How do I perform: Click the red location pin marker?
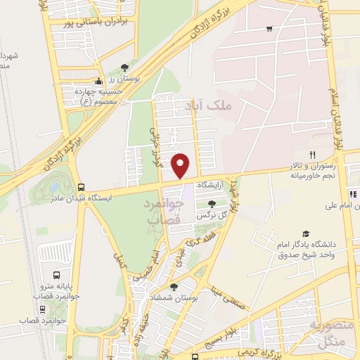tap(181, 165)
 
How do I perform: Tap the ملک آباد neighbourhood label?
tap(204, 105)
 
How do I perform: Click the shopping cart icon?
tap(269, 29)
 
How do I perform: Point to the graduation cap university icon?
tap(305, 234)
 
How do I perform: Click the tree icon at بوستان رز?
tap(124, 67)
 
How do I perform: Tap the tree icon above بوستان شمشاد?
tap(174, 286)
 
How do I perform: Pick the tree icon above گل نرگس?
tap(212, 203)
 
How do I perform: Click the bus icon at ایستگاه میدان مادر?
tap(82, 188)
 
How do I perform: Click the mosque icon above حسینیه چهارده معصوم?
tap(99, 81)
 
